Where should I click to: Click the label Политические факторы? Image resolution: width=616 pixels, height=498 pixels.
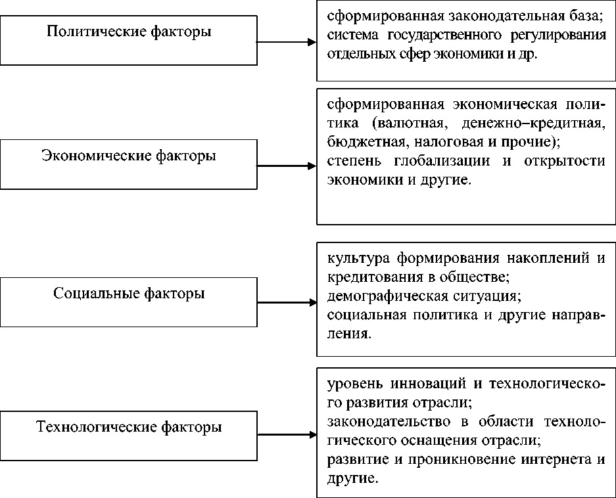pos(129,31)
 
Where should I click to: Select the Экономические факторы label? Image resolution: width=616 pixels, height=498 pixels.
pos(129,156)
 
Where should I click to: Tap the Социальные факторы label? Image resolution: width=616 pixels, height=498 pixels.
pos(129,293)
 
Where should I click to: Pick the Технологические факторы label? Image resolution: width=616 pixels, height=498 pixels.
pos(129,428)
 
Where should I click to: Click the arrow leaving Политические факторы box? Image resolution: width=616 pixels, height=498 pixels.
pos(286,43)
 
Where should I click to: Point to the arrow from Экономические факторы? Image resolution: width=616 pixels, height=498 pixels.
pos(286,166)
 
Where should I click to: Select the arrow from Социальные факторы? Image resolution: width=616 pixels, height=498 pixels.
pos(286,303)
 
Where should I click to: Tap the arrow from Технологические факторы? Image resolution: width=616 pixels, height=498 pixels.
pos(286,434)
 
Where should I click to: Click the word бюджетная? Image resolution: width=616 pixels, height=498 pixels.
pos(359,141)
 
